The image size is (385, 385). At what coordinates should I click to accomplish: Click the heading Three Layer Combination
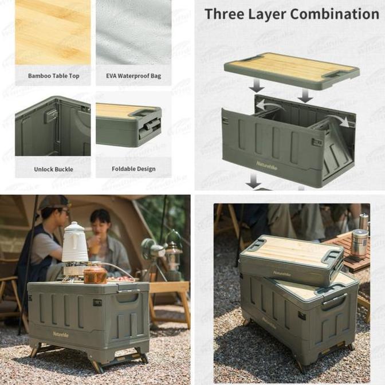(291, 14)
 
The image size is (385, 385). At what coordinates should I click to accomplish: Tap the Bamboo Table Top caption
(53, 76)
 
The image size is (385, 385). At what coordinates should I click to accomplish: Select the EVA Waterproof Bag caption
(133, 76)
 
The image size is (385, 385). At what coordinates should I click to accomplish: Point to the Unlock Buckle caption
(53, 169)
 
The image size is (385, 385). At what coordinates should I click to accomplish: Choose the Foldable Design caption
(133, 169)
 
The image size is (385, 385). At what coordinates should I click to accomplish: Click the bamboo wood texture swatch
(53, 32)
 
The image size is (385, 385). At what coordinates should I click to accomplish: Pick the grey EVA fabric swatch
(133, 32)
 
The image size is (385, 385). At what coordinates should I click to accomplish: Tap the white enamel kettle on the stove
(74, 243)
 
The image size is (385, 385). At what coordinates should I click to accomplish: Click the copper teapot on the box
(95, 274)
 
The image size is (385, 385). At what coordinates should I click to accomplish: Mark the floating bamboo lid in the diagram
(291, 70)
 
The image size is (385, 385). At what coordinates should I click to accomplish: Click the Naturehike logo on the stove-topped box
(61, 333)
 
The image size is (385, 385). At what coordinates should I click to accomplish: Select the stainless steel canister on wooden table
(359, 243)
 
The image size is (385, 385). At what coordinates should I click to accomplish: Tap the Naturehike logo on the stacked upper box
(281, 273)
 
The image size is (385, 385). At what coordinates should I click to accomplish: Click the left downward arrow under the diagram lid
(257, 85)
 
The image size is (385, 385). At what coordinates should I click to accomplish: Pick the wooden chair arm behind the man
(8, 281)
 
